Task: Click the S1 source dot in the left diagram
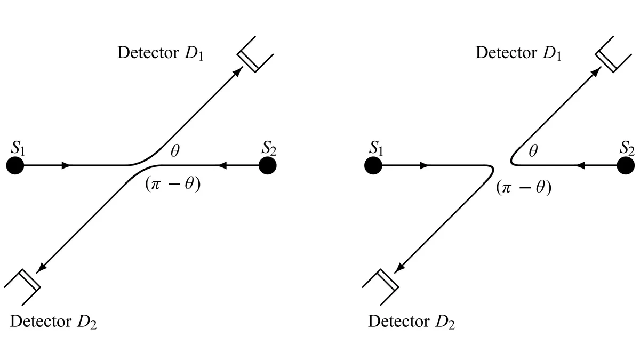click(x=15, y=165)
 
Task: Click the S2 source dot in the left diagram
click(x=267, y=165)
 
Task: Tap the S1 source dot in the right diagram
click(x=373, y=165)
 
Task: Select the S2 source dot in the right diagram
click(x=626, y=165)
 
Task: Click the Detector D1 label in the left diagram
click(x=161, y=53)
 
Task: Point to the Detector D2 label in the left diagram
click(x=53, y=322)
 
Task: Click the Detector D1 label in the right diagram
click(x=518, y=53)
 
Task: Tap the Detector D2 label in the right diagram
click(x=411, y=322)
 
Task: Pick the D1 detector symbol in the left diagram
click(x=255, y=54)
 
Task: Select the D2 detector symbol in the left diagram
click(x=22, y=287)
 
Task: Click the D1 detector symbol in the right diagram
click(x=613, y=54)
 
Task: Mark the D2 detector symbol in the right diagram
click(x=380, y=287)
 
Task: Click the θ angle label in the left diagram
click(x=175, y=150)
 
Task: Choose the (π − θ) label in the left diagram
click(x=173, y=185)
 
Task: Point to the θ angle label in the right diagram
click(x=533, y=150)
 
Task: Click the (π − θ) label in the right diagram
click(x=524, y=188)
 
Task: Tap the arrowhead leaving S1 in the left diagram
click(x=66, y=165)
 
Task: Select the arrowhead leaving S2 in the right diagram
click(x=581, y=165)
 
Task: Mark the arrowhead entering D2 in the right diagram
click(x=399, y=268)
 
